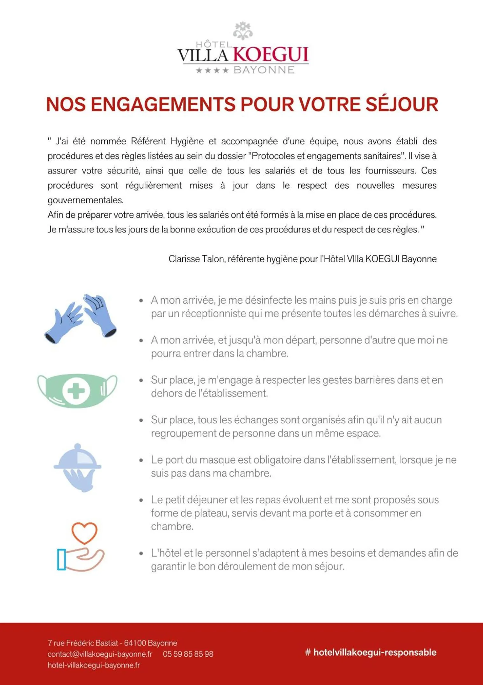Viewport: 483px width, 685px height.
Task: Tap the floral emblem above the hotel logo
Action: point(243,31)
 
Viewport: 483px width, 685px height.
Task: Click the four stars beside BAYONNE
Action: point(212,70)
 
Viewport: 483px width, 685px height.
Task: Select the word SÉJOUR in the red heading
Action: point(402,104)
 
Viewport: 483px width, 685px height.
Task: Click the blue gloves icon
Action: point(81,318)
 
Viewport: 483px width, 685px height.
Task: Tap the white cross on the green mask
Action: point(76,391)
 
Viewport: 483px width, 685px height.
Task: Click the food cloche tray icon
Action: point(77,467)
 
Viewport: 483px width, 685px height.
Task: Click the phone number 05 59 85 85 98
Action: point(188,654)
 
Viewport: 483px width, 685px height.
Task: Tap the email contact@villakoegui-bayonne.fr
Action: point(100,654)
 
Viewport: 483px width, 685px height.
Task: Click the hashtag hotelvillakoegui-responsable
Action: point(371,652)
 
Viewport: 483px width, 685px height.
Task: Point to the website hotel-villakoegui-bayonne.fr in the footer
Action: point(94,665)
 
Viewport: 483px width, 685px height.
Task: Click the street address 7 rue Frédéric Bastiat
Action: point(83,643)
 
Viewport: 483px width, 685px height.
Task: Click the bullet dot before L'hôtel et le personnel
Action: point(141,553)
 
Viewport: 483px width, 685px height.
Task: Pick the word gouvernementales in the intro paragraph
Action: point(85,200)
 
